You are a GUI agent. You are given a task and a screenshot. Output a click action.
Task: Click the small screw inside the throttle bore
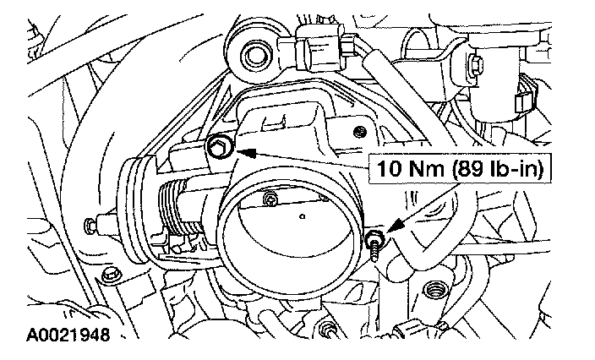pyautogui.click(x=270, y=200)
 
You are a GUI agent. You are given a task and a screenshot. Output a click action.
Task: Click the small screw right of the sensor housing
pyautogui.click(x=361, y=131)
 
